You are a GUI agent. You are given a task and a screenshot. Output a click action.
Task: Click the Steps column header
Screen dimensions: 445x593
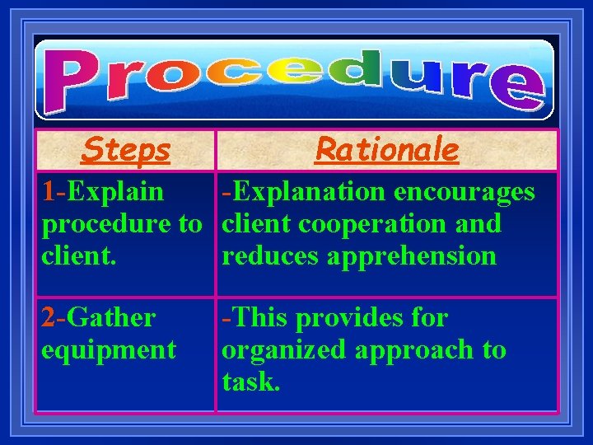(126, 150)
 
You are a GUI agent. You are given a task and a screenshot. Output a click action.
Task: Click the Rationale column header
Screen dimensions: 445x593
(386, 150)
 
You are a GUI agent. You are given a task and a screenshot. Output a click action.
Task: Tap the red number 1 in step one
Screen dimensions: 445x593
(50, 192)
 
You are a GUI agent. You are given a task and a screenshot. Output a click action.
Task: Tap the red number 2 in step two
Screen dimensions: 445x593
(50, 317)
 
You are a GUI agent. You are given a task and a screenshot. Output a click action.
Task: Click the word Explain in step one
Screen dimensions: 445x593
(115, 192)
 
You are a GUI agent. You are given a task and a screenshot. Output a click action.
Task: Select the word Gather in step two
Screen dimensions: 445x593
(111, 317)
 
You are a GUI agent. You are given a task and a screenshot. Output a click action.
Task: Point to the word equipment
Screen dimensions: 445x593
(109, 350)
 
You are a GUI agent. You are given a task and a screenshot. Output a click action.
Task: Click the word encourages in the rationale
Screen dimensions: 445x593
(465, 192)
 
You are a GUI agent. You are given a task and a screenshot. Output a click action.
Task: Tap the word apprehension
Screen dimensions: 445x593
(412, 256)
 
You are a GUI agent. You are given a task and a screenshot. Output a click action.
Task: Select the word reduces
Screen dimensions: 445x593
(270, 256)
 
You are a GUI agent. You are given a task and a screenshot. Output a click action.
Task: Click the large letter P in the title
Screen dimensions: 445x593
(76, 83)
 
